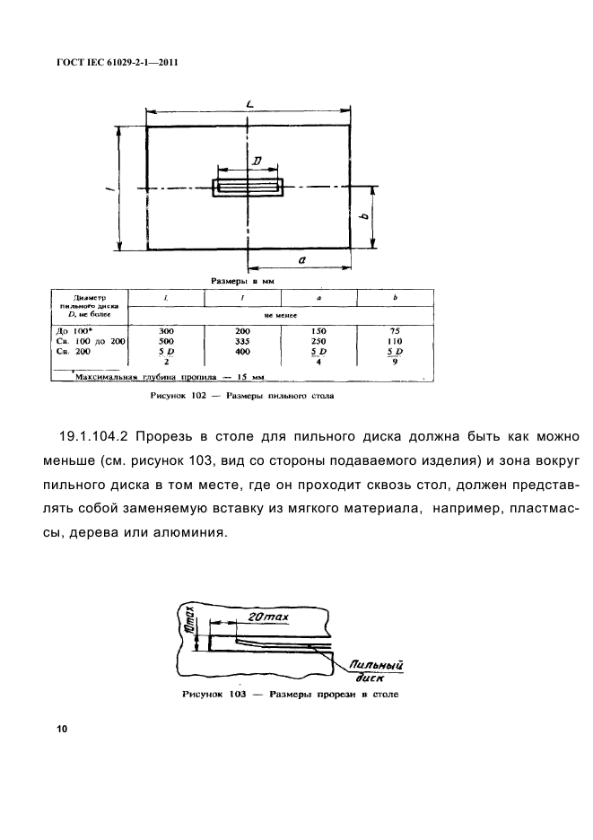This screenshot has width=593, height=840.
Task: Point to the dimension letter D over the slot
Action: pos(257,161)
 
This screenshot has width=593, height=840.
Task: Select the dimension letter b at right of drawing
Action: pos(363,216)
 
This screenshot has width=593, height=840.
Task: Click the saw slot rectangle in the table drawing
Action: pos(248,187)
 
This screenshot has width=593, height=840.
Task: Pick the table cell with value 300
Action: pos(167,331)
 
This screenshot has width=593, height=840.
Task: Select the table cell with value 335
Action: pos(244,342)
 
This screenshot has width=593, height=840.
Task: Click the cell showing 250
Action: pos(320,342)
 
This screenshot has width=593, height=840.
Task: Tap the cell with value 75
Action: pos(396,331)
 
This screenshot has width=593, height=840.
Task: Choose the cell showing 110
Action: pos(396,342)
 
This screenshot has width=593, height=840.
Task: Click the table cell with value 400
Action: pos(244,353)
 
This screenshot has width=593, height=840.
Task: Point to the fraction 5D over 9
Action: pos(396,357)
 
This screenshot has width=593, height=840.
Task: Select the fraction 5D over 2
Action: pos(167,357)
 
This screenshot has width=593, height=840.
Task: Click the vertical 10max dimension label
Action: pos(189,621)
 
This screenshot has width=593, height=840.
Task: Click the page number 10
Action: pos(62,729)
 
